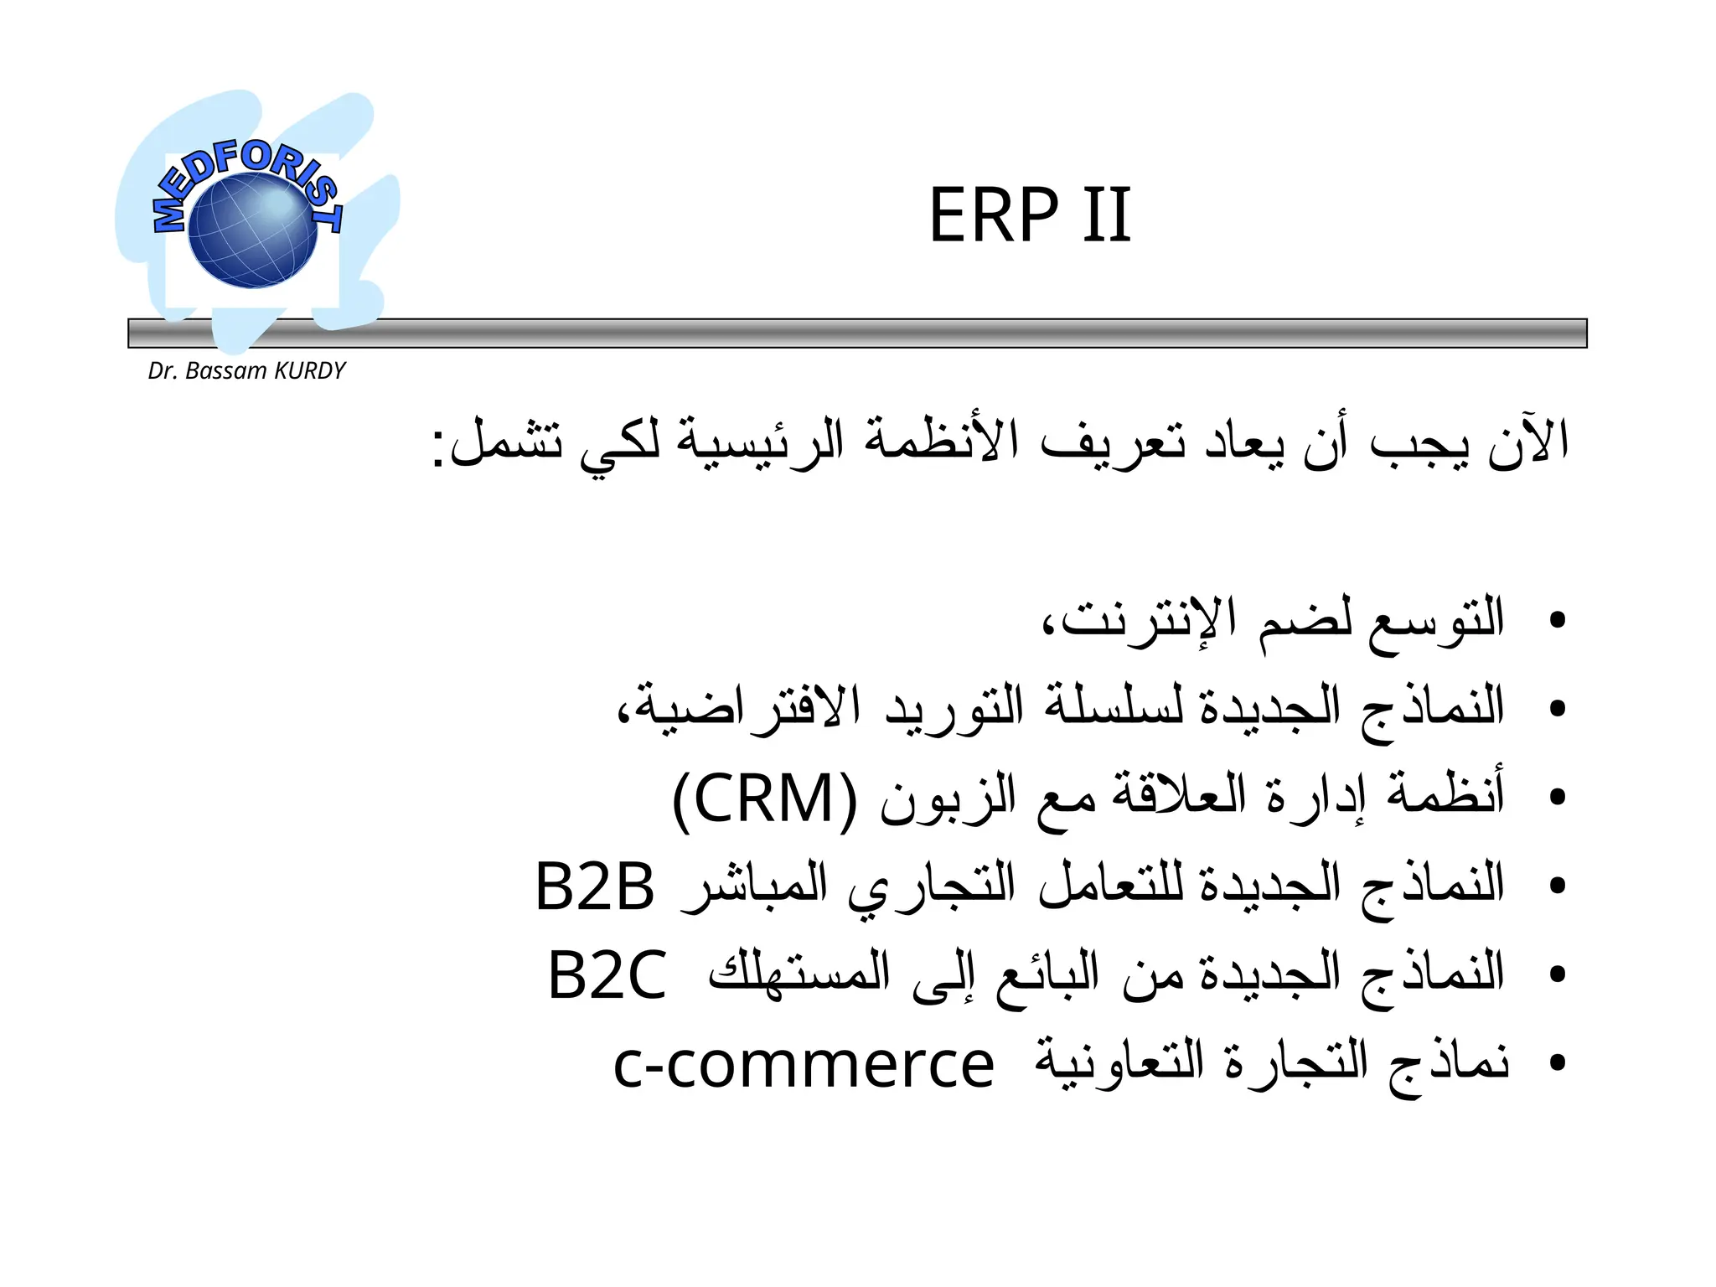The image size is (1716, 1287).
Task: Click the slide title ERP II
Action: [x=1030, y=215]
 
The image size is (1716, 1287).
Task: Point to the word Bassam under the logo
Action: [x=225, y=370]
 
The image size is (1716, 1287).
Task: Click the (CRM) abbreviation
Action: [x=765, y=799]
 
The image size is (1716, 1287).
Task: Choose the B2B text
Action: [x=594, y=886]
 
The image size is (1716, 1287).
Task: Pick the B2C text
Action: [x=607, y=974]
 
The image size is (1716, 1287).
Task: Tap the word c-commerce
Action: [x=804, y=1064]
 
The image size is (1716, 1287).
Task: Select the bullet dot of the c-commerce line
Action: [x=1557, y=1063]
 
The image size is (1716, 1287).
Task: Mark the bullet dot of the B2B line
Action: [x=1557, y=886]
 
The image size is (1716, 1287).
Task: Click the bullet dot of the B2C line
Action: [x=1557, y=974]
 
